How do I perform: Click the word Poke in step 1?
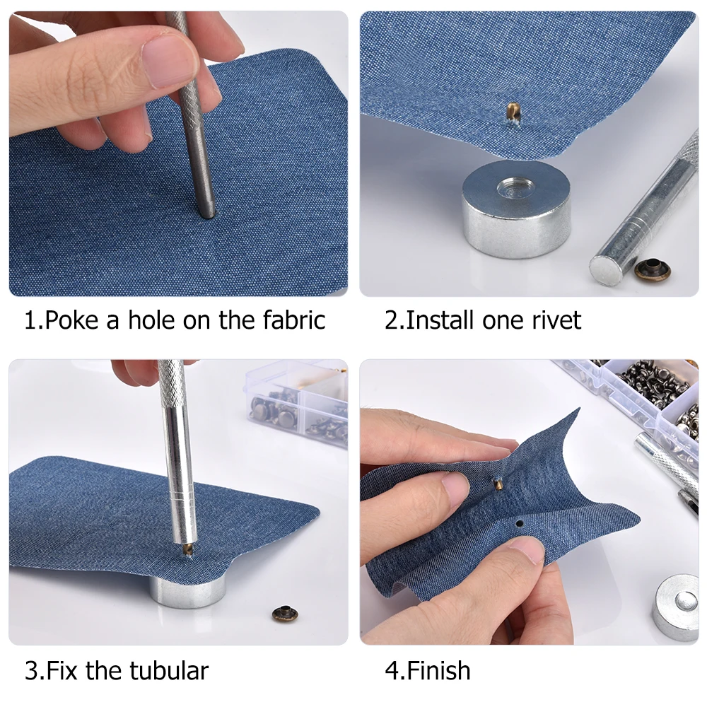[71, 320]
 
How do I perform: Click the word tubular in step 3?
[169, 670]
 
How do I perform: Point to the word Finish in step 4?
[439, 670]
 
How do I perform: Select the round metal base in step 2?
[517, 209]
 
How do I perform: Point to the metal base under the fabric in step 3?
[187, 590]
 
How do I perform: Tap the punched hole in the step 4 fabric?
[520, 524]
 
